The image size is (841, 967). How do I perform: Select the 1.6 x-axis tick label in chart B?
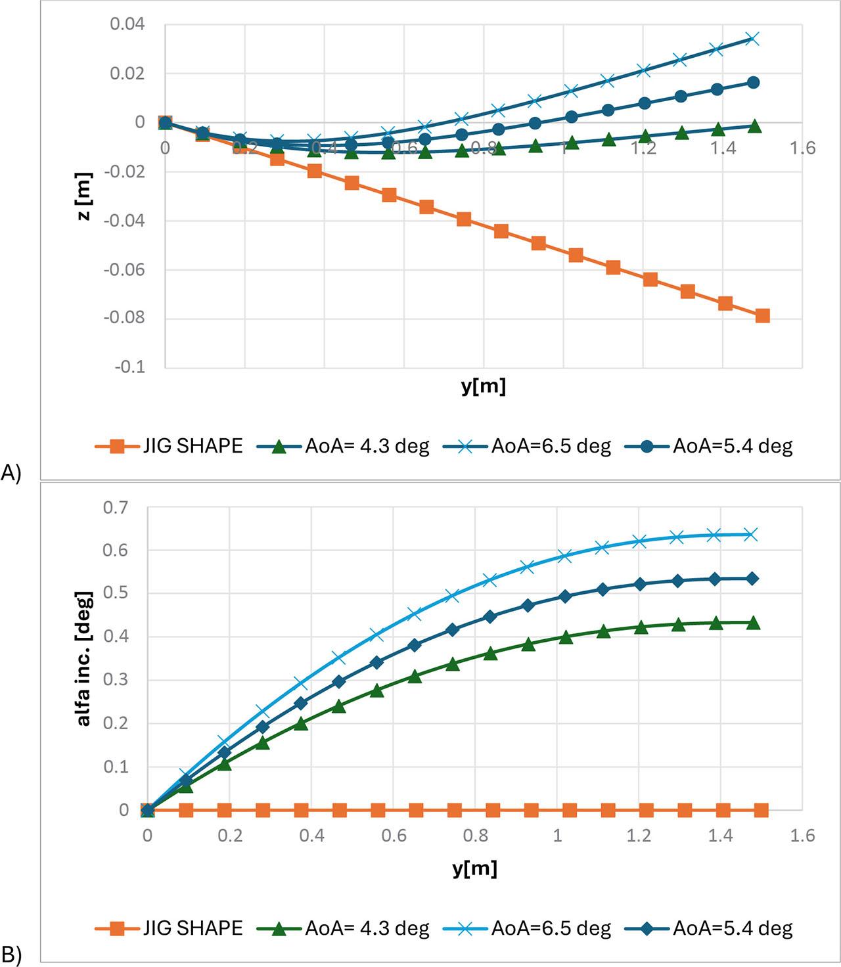point(802,836)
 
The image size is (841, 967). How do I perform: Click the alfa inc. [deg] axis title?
point(84,658)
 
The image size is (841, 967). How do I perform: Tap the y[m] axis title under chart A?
point(483,387)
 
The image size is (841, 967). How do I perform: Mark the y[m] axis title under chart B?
point(474,868)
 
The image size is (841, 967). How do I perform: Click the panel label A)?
point(11,473)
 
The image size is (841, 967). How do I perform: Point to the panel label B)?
point(11,956)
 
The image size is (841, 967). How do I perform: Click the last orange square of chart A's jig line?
point(762,316)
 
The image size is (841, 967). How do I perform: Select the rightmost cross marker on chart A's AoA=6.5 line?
point(753,39)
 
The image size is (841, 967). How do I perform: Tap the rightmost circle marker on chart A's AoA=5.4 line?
point(754,83)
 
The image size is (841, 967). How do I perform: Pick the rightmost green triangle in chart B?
point(753,622)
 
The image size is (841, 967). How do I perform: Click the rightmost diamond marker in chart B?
point(753,579)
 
